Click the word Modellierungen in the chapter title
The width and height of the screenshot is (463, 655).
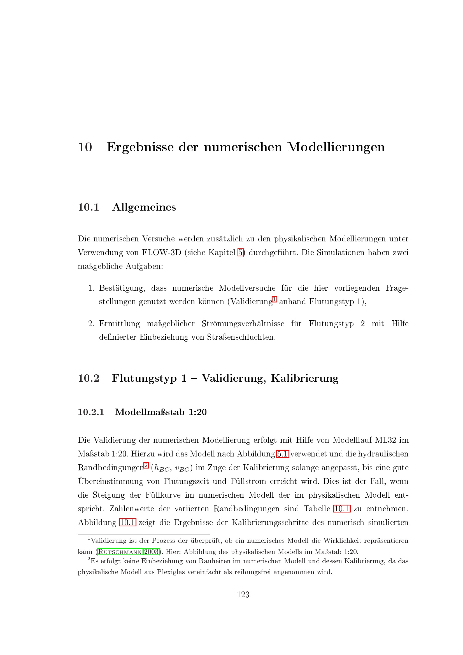tap(336, 147)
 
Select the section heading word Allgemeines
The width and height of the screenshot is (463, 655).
tap(144, 207)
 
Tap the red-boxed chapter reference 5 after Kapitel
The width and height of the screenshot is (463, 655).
tap(241, 253)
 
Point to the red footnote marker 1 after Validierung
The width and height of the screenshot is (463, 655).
tap(274, 299)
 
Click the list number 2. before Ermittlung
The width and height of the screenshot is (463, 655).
tap(91, 324)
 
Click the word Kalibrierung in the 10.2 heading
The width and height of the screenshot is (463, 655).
tap(304, 378)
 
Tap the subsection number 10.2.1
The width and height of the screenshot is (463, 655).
tap(91, 412)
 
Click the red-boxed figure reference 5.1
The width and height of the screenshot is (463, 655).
tap(282, 454)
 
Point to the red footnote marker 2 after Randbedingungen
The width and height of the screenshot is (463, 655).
tap(146, 465)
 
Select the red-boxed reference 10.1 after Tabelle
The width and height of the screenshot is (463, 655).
tap(342, 509)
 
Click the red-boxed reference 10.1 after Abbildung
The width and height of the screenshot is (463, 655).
tap(127, 522)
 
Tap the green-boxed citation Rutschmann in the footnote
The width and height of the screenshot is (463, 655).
tap(120, 552)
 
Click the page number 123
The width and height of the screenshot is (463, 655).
tap(243, 595)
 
